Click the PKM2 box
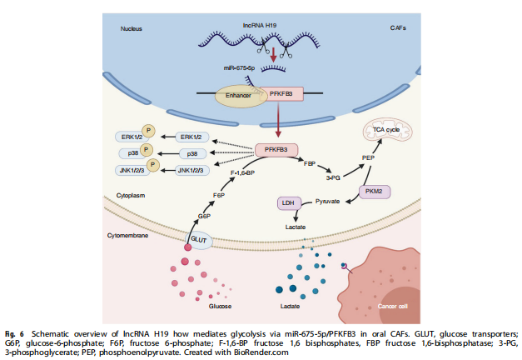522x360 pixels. pyautogui.click(x=374, y=192)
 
